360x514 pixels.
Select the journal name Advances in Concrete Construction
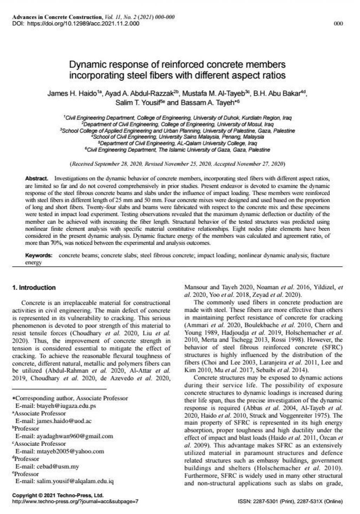tap(56, 17)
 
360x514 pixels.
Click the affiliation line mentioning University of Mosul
tap(177, 124)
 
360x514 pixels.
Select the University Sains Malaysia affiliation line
tap(177, 137)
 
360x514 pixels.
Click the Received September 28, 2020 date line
tap(177, 164)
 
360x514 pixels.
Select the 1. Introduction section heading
tap(34, 288)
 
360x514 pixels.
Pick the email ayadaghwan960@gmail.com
tap(75, 436)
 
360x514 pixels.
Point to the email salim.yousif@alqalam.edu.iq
tap(75, 481)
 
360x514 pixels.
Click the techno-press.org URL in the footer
tap(75, 501)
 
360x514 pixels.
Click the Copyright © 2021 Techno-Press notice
tap(58, 495)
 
